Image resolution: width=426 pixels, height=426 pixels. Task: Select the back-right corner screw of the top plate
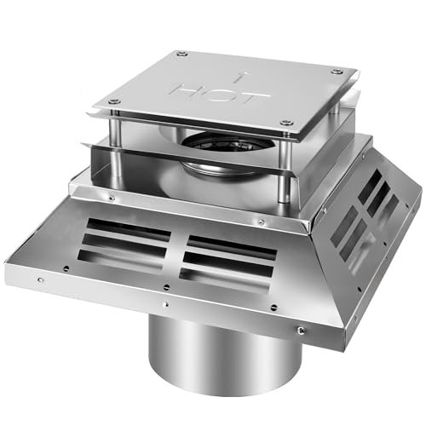pyautogui.click(x=337, y=72)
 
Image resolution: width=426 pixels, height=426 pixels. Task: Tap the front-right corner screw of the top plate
pyautogui.click(x=288, y=124)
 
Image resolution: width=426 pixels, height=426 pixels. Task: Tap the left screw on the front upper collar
pyautogui.click(x=112, y=198)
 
